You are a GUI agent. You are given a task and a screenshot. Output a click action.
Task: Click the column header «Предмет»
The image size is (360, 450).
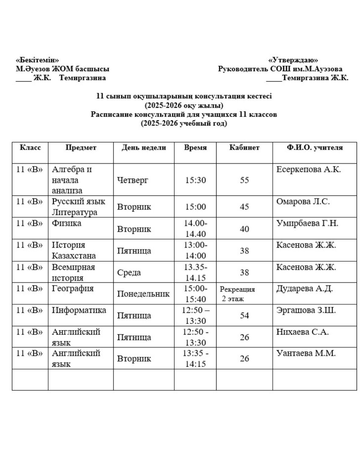(x=81, y=148)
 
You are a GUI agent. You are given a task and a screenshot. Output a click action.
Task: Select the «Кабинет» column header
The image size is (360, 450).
(x=244, y=148)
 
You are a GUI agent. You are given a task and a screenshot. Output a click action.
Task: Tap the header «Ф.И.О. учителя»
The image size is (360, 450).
(x=315, y=148)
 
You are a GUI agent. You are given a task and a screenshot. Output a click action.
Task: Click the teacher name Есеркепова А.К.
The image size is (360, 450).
(x=308, y=170)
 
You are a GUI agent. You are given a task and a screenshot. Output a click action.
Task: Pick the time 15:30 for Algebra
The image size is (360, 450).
(x=195, y=180)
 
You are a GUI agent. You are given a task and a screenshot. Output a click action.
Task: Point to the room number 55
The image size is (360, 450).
(x=244, y=180)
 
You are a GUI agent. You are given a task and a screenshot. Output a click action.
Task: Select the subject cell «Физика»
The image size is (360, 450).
(x=67, y=223)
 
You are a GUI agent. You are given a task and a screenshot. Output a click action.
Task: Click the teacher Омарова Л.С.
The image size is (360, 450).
(x=303, y=202)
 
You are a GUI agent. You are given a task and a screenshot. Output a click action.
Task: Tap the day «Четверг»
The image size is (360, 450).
(x=133, y=180)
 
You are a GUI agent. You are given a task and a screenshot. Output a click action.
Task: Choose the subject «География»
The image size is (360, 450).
(x=73, y=288)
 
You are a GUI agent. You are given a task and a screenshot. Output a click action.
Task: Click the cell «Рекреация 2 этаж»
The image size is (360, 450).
(x=237, y=294)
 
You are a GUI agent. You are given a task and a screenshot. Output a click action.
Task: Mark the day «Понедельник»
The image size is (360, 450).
(x=143, y=294)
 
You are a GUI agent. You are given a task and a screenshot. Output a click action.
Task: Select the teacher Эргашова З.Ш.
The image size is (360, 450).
(x=306, y=310)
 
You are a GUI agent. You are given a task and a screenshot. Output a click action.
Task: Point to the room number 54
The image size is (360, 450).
(x=244, y=316)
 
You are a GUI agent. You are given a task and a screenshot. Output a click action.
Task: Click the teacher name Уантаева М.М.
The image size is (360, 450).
(x=306, y=353)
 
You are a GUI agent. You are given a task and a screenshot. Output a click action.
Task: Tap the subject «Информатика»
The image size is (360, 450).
(x=79, y=310)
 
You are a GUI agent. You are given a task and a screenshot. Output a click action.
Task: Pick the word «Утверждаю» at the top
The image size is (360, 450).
(x=293, y=60)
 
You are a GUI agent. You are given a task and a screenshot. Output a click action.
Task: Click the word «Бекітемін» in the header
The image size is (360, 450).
(x=38, y=60)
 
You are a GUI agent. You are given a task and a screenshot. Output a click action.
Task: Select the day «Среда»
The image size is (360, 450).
(x=129, y=272)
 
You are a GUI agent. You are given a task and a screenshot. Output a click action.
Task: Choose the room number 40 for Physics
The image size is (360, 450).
(x=244, y=229)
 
